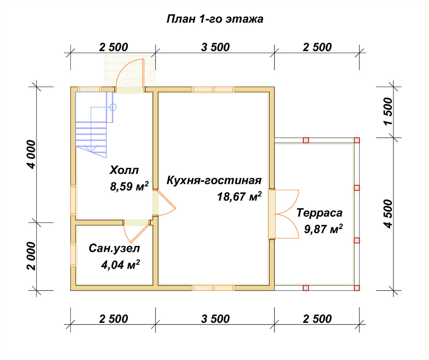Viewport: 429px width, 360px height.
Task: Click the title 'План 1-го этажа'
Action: [x=215, y=19]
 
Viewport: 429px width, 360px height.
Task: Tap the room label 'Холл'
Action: [x=124, y=170]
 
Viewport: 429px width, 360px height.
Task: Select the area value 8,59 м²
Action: [x=129, y=186]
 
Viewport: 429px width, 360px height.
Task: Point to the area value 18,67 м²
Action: [x=239, y=196]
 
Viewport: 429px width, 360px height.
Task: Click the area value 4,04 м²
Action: [x=120, y=265]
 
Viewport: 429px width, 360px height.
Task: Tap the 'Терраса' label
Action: [x=319, y=213]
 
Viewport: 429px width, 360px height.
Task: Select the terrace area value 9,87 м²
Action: [x=323, y=229]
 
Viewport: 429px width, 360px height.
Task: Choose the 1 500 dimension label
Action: [x=388, y=111]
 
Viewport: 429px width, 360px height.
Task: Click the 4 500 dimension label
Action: [x=388, y=214]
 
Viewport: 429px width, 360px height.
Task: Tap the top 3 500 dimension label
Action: [x=215, y=48]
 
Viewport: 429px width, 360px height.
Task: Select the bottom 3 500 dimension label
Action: [x=215, y=319]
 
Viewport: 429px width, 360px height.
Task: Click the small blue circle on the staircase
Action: [x=113, y=107]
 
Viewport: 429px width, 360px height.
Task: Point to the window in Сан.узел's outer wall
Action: [x=73, y=255]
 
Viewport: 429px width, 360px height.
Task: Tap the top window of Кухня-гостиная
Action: [x=213, y=89]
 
